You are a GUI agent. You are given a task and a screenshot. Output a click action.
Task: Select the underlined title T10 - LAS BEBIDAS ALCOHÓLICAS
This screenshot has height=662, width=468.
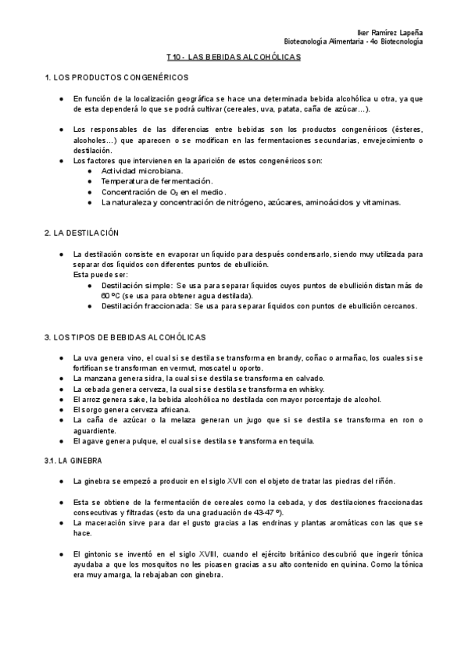234,58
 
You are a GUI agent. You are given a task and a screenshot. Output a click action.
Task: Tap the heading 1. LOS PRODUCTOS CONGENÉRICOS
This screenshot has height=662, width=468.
116,79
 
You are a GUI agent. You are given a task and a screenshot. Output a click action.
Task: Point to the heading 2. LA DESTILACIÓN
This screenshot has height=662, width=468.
82,233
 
